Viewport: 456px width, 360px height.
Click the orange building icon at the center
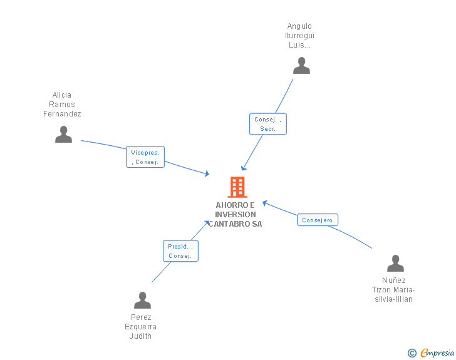coord(237,187)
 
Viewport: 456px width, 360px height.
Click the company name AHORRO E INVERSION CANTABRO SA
coord(236,215)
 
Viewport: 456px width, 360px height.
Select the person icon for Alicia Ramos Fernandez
coord(63,135)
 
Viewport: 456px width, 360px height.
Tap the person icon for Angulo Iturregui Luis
coord(301,66)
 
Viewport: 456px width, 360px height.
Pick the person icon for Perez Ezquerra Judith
coord(142,301)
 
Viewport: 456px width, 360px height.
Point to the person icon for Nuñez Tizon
coord(395,264)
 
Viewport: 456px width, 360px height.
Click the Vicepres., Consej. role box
coord(145,157)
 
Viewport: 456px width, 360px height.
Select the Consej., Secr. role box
coord(268,124)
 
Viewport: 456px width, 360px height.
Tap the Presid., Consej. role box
coord(180,251)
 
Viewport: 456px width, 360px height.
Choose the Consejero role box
coord(317,220)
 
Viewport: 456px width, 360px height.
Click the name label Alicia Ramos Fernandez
coord(62,105)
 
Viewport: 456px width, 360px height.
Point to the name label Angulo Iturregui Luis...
coord(299,36)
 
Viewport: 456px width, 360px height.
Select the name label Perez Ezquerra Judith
coord(141,327)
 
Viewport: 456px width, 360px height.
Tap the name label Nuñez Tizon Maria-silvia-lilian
coord(394,290)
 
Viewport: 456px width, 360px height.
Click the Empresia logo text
coord(437,353)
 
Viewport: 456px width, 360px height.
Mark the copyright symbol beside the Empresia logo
coord(412,353)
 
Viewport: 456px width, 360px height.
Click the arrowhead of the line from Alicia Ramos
coord(207,174)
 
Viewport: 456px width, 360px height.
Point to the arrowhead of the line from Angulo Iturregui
coord(244,168)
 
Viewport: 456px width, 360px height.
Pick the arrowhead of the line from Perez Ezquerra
coord(207,222)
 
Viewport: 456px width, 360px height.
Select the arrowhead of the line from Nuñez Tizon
coord(265,203)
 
